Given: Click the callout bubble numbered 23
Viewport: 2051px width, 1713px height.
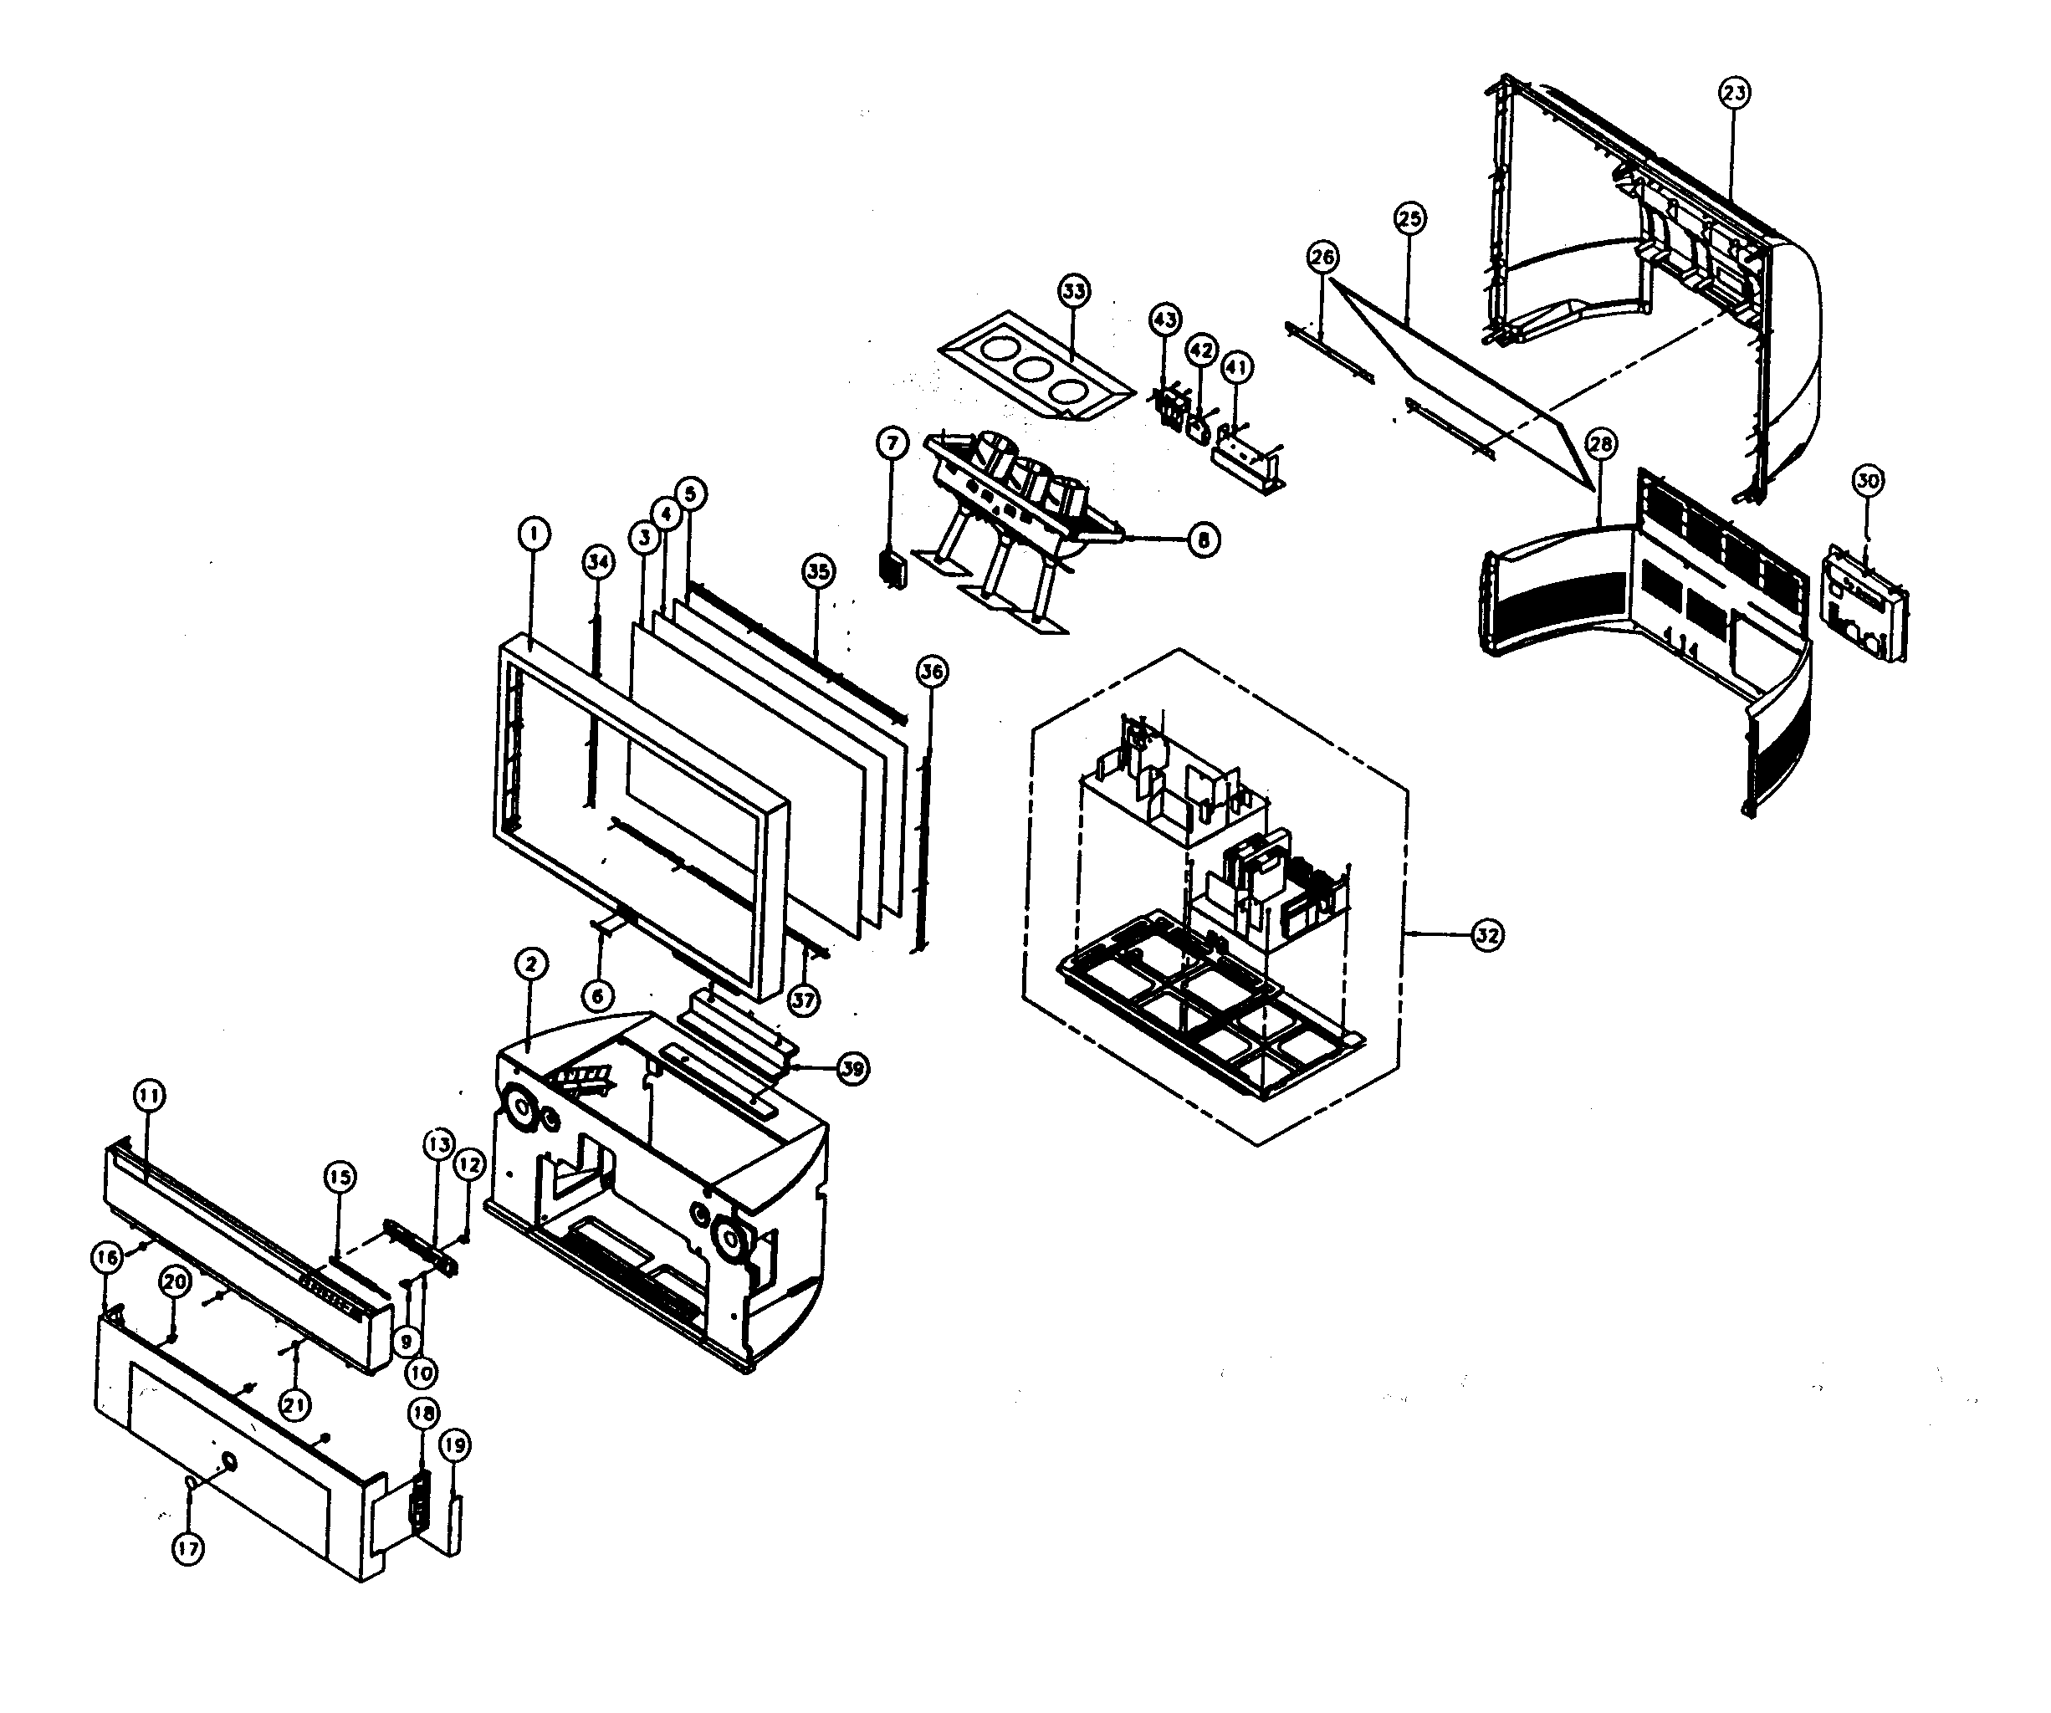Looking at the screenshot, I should pos(1734,93).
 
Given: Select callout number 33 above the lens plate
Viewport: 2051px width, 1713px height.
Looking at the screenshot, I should pos(1073,291).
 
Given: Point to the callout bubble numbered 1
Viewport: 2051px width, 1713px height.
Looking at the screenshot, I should pos(534,534).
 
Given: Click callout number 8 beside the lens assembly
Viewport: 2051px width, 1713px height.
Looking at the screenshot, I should pos(1204,539).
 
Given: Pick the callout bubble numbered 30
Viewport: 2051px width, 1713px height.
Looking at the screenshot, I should pos(1867,480).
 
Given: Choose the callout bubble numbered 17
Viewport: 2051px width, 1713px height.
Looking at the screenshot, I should pos(187,1547).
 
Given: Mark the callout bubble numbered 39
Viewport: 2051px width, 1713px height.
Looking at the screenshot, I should pos(852,1068).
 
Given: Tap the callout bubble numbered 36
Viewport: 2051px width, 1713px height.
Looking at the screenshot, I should pos(932,671).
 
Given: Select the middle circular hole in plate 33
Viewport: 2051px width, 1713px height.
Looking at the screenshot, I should pos(1033,371).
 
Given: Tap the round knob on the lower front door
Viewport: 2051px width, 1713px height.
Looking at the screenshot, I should pos(228,1461).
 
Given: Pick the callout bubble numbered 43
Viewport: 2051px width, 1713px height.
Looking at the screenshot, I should pos(1164,319).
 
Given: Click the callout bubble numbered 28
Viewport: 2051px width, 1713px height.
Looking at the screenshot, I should pos(1600,444).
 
